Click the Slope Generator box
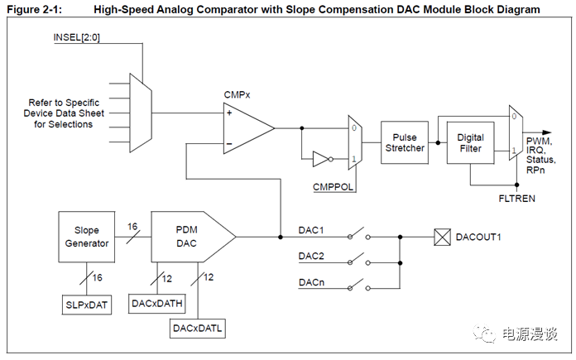(x=86, y=237)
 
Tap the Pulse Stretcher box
(x=405, y=142)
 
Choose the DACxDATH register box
(x=157, y=304)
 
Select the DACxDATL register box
(x=198, y=329)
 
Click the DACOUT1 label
(x=479, y=238)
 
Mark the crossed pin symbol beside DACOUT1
(x=441, y=238)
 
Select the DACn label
(x=310, y=283)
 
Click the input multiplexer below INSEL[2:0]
(x=141, y=113)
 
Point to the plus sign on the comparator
(x=229, y=113)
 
